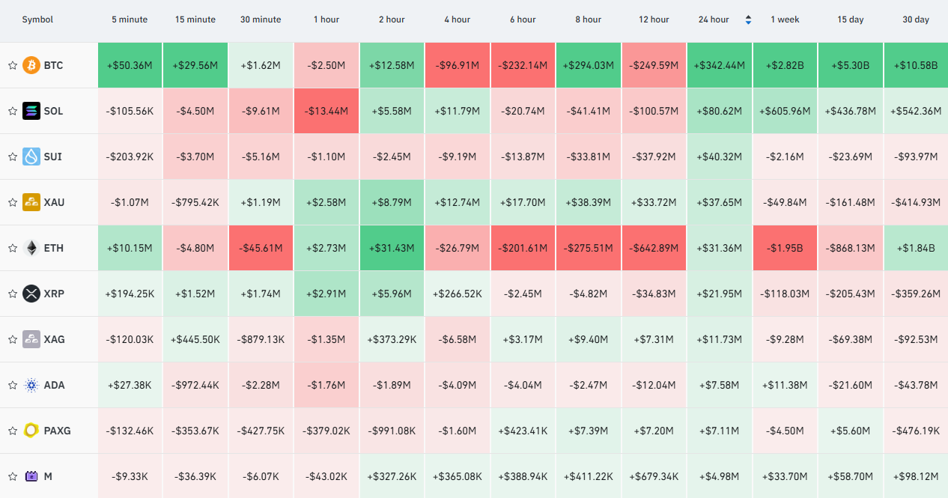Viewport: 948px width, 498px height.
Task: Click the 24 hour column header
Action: coord(714,19)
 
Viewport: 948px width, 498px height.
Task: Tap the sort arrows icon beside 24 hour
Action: coord(748,19)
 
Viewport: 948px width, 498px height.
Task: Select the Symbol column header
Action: coord(37,19)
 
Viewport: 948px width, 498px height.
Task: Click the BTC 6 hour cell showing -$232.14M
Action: coord(523,65)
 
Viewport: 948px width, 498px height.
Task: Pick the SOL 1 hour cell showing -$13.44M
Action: coord(326,111)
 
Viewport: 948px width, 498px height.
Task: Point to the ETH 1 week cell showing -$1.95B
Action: coord(785,248)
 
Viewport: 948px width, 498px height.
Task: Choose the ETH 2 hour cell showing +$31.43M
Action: coord(392,248)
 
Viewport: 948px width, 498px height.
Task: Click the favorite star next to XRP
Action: coord(13,294)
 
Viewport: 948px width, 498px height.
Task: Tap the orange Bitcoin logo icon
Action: coord(31,65)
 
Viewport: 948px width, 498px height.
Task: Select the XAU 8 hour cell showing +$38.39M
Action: coord(589,202)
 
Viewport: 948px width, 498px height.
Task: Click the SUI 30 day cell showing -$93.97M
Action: coord(916,157)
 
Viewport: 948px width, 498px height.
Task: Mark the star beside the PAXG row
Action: coord(13,431)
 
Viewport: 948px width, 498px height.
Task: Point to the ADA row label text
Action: coord(54,385)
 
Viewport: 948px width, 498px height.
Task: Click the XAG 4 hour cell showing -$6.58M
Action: coord(457,339)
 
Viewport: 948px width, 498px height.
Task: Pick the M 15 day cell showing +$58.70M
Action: coord(850,476)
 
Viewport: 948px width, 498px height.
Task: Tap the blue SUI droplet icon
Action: coord(31,157)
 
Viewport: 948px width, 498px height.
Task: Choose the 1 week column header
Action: coord(785,19)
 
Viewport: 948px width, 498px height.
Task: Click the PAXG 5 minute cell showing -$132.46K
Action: coord(130,431)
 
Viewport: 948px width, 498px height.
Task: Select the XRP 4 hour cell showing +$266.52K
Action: coord(457,294)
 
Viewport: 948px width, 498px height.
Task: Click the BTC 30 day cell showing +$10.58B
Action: coord(916,65)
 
